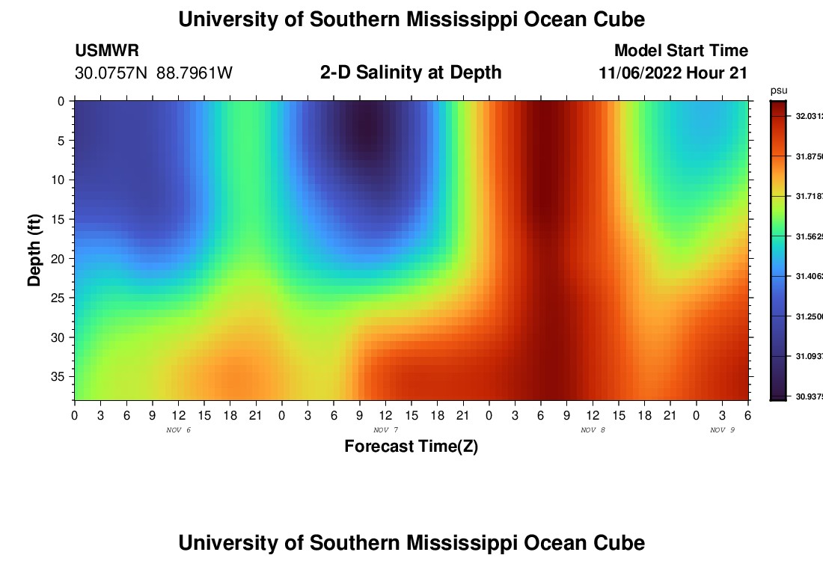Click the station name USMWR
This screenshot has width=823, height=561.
pyautogui.click(x=106, y=51)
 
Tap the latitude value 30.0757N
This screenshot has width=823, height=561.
pyautogui.click(x=112, y=73)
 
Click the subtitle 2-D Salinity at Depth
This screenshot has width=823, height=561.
pyautogui.click(x=411, y=73)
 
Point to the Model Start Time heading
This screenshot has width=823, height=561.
pyautogui.click(x=681, y=51)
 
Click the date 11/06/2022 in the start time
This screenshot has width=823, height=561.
pyautogui.click(x=640, y=73)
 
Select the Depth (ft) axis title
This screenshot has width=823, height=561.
pyautogui.click(x=34, y=250)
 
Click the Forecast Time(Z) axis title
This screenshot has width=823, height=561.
pyautogui.click(x=411, y=447)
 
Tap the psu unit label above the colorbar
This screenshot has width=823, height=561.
pyautogui.click(x=779, y=91)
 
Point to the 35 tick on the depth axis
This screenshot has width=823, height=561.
pyautogui.click(x=61, y=376)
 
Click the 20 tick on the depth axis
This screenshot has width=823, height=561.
pyautogui.click(x=61, y=259)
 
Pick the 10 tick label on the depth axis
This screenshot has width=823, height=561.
pyautogui.click(x=61, y=180)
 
